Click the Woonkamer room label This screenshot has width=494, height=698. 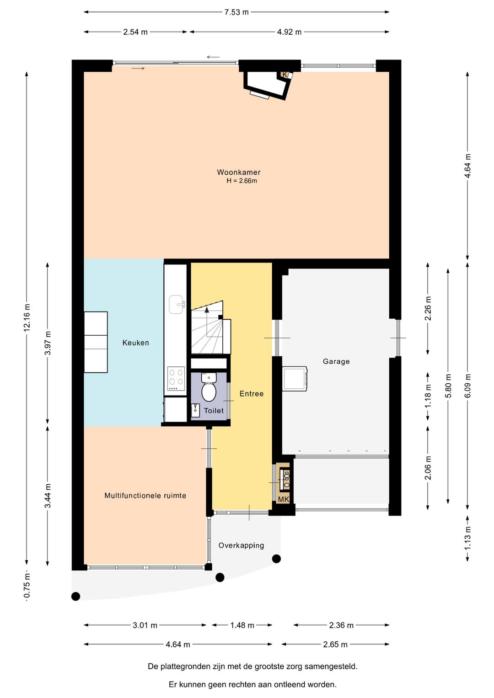tap(238, 172)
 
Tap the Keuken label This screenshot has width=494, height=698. tap(135, 343)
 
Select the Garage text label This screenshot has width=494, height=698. tap(336, 361)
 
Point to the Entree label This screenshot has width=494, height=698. tap(252, 393)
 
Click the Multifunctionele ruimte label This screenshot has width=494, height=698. tap(145, 495)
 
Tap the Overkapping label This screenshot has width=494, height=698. tap(241, 545)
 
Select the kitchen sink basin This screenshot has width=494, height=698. tap(177, 305)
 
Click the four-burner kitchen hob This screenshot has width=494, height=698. tap(176, 379)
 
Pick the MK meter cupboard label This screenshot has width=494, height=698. tap(284, 499)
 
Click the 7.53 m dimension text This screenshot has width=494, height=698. tap(236, 12)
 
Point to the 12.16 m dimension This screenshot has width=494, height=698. tap(27, 317)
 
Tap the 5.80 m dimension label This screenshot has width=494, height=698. tap(448, 386)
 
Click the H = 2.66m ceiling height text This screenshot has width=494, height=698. tap(242, 181)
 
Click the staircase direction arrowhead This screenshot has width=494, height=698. tap(206, 309)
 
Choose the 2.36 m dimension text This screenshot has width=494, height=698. tap(341, 625)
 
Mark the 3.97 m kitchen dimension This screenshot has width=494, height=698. tap(48, 343)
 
